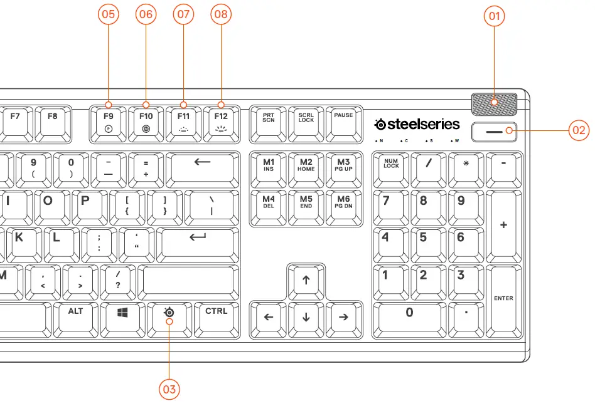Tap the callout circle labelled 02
pos(578,130)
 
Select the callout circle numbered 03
pos(169,388)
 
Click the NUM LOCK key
pos(391,166)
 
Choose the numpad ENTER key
pos(503,298)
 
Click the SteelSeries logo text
pos(417,124)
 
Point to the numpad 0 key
pos(410,316)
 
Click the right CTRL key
pos(217,316)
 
